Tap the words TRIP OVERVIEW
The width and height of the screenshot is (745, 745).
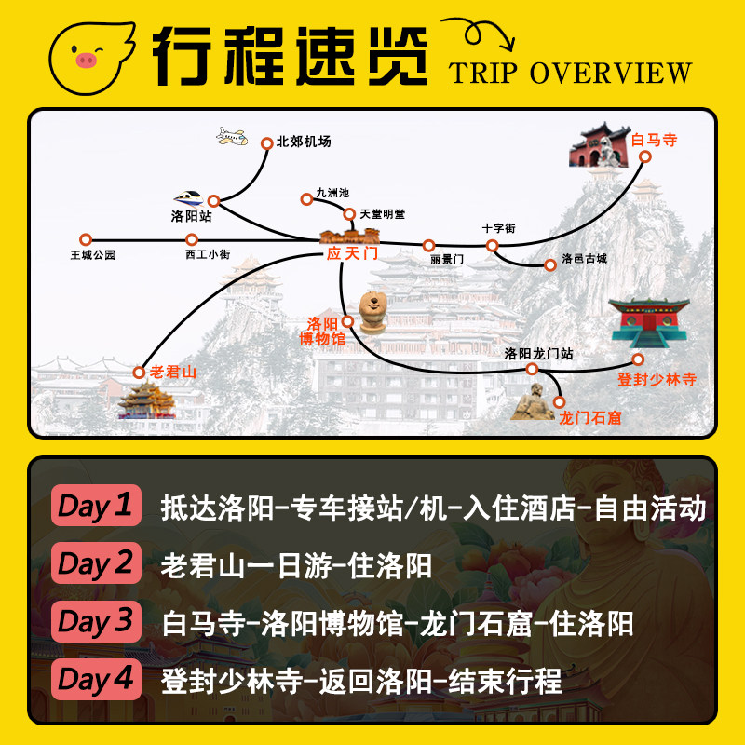point(570,73)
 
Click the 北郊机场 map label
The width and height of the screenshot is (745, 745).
point(304,142)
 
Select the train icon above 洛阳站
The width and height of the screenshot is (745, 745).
point(189,197)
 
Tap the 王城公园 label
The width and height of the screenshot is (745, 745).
point(92,253)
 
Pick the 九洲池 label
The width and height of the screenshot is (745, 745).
point(332,193)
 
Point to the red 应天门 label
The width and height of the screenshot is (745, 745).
point(349,253)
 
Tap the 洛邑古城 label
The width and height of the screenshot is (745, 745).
point(584,260)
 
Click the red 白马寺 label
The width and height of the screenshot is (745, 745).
point(654,141)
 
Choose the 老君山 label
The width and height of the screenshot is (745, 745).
point(173,372)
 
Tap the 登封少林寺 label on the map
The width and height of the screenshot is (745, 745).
point(657,380)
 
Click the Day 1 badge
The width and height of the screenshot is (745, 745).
point(96,506)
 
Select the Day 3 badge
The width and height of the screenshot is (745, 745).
point(96,621)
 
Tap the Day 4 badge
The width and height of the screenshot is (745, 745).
point(96,679)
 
